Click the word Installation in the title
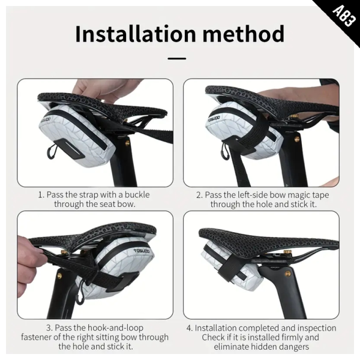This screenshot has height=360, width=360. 136,34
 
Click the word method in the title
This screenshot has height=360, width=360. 244,34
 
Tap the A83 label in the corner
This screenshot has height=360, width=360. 344,16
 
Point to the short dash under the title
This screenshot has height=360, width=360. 177,59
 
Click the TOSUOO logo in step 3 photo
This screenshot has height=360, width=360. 142,251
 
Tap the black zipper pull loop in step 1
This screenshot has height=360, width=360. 52,151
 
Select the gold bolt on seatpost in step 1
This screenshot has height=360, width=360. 127,143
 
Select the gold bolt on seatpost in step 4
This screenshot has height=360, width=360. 287,274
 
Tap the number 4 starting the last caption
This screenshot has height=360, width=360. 189,328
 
